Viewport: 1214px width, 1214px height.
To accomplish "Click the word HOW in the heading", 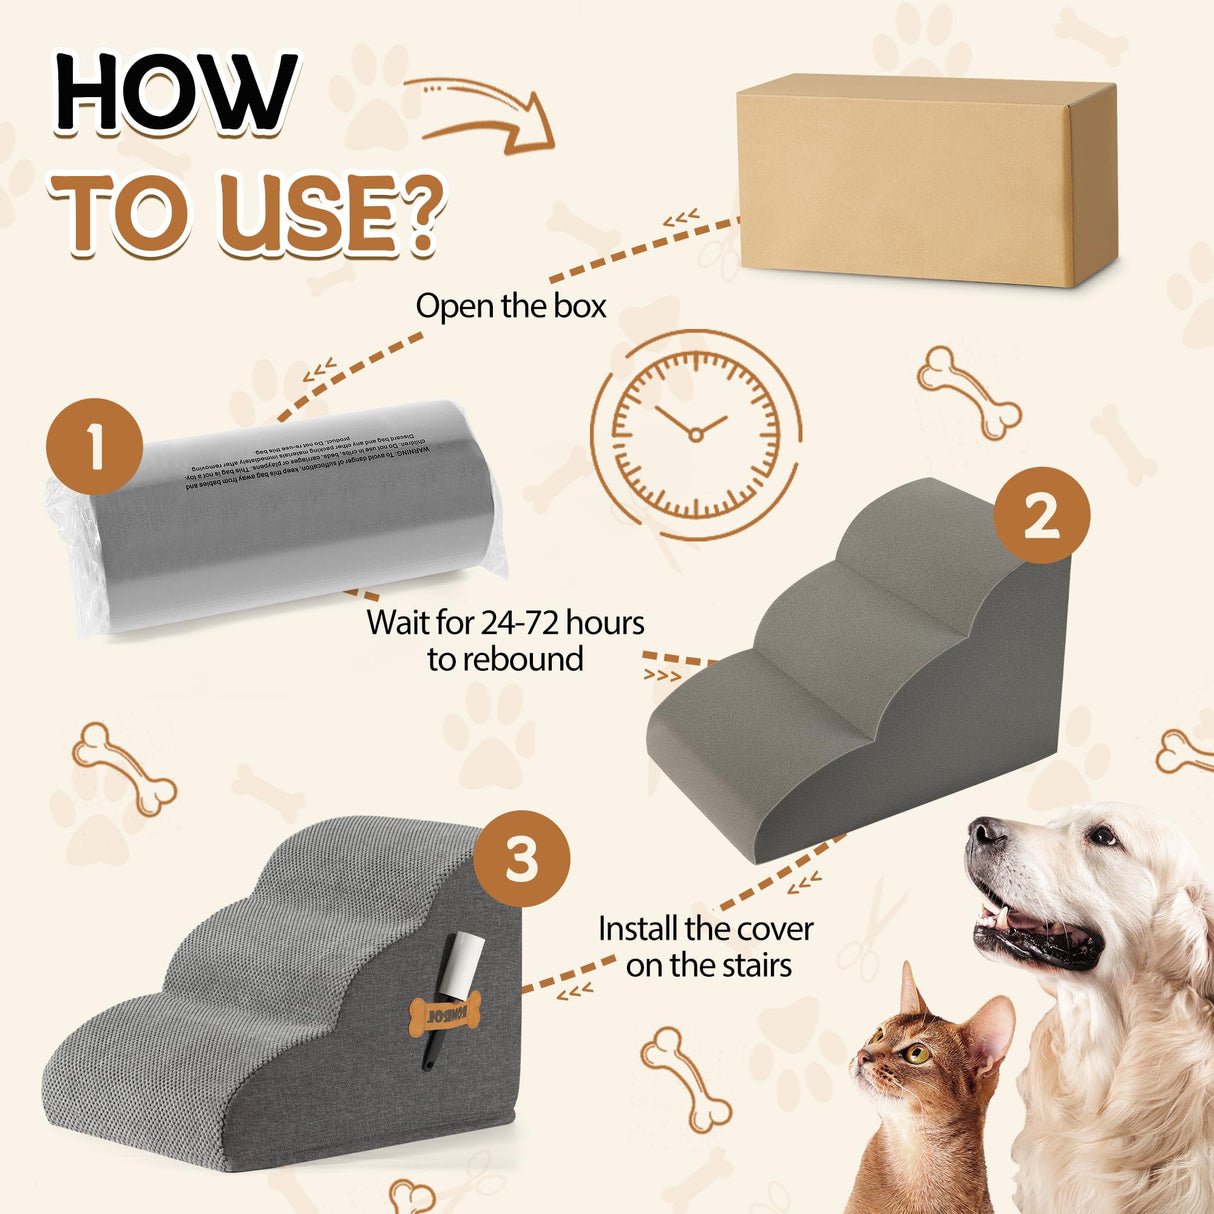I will click(176, 94).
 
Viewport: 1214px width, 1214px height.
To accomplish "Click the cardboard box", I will click(926, 180).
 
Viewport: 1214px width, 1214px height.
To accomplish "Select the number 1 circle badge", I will click(96, 446).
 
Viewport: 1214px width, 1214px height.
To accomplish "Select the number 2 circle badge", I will click(1041, 516).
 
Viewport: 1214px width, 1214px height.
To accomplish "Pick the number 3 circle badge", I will click(521, 859).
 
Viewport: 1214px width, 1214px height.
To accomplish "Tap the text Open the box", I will click(511, 306).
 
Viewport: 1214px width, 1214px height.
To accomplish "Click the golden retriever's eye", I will click(1101, 836).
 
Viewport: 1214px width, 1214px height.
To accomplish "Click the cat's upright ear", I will click(910, 991).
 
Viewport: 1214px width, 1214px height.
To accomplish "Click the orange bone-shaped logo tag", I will click(445, 1013).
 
